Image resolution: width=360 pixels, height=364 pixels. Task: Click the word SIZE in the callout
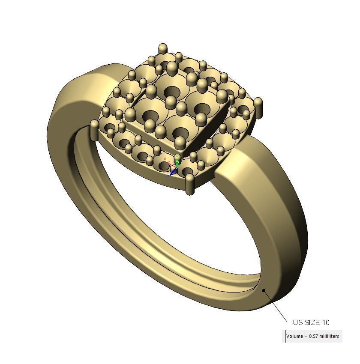(x=311, y=322)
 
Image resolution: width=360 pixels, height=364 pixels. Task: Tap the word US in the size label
(x=297, y=322)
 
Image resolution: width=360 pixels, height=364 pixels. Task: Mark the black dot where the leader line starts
(x=264, y=290)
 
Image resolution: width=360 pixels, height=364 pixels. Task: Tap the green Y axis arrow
(x=177, y=162)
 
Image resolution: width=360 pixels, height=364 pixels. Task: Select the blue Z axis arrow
(x=173, y=172)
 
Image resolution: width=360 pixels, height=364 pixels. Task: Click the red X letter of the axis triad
(x=165, y=159)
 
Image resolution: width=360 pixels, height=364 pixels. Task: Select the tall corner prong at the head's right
(x=258, y=107)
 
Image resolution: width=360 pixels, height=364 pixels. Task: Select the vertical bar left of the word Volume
(x=285, y=336)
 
